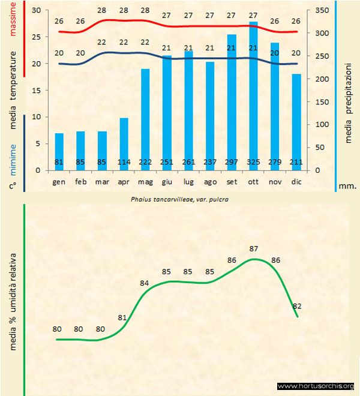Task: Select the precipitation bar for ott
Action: pos(253,90)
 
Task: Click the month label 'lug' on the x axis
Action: pos(188,181)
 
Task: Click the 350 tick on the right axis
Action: pos(323,11)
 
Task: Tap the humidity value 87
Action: pos(254,248)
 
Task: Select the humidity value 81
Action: pos(122,317)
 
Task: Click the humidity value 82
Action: pos(296,306)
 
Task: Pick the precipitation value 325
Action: pos(253,162)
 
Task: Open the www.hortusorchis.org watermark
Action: pos(316,386)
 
